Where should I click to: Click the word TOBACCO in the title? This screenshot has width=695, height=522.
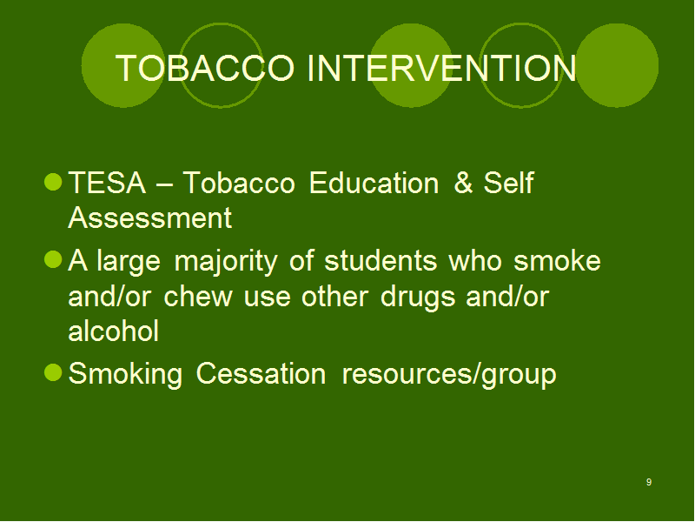point(205,68)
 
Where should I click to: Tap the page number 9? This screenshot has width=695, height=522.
point(649,482)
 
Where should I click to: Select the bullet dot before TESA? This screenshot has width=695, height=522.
point(53,182)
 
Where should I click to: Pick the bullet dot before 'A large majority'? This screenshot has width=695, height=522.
point(53,259)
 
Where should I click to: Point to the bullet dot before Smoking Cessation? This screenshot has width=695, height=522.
point(53,372)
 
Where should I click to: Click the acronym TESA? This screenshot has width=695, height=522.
point(107,183)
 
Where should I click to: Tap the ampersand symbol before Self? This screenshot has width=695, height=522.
point(463,183)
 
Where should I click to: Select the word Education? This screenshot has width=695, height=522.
point(374,183)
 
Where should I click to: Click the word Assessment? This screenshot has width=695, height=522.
point(149,217)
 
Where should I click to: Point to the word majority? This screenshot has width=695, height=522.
point(226,262)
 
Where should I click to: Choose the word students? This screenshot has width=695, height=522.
point(381,260)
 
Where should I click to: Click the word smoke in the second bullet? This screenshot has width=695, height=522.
point(557,260)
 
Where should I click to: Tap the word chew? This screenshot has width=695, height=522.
point(198,296)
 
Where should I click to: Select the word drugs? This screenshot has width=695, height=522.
point(418,297)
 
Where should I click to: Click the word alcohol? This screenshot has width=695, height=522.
point(114,331)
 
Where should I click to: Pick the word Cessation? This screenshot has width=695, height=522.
point(261,373)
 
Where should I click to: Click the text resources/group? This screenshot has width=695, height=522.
point(449,375)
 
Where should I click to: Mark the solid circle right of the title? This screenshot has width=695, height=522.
point(617,65)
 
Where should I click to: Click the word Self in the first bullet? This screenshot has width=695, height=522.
point(508,183)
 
